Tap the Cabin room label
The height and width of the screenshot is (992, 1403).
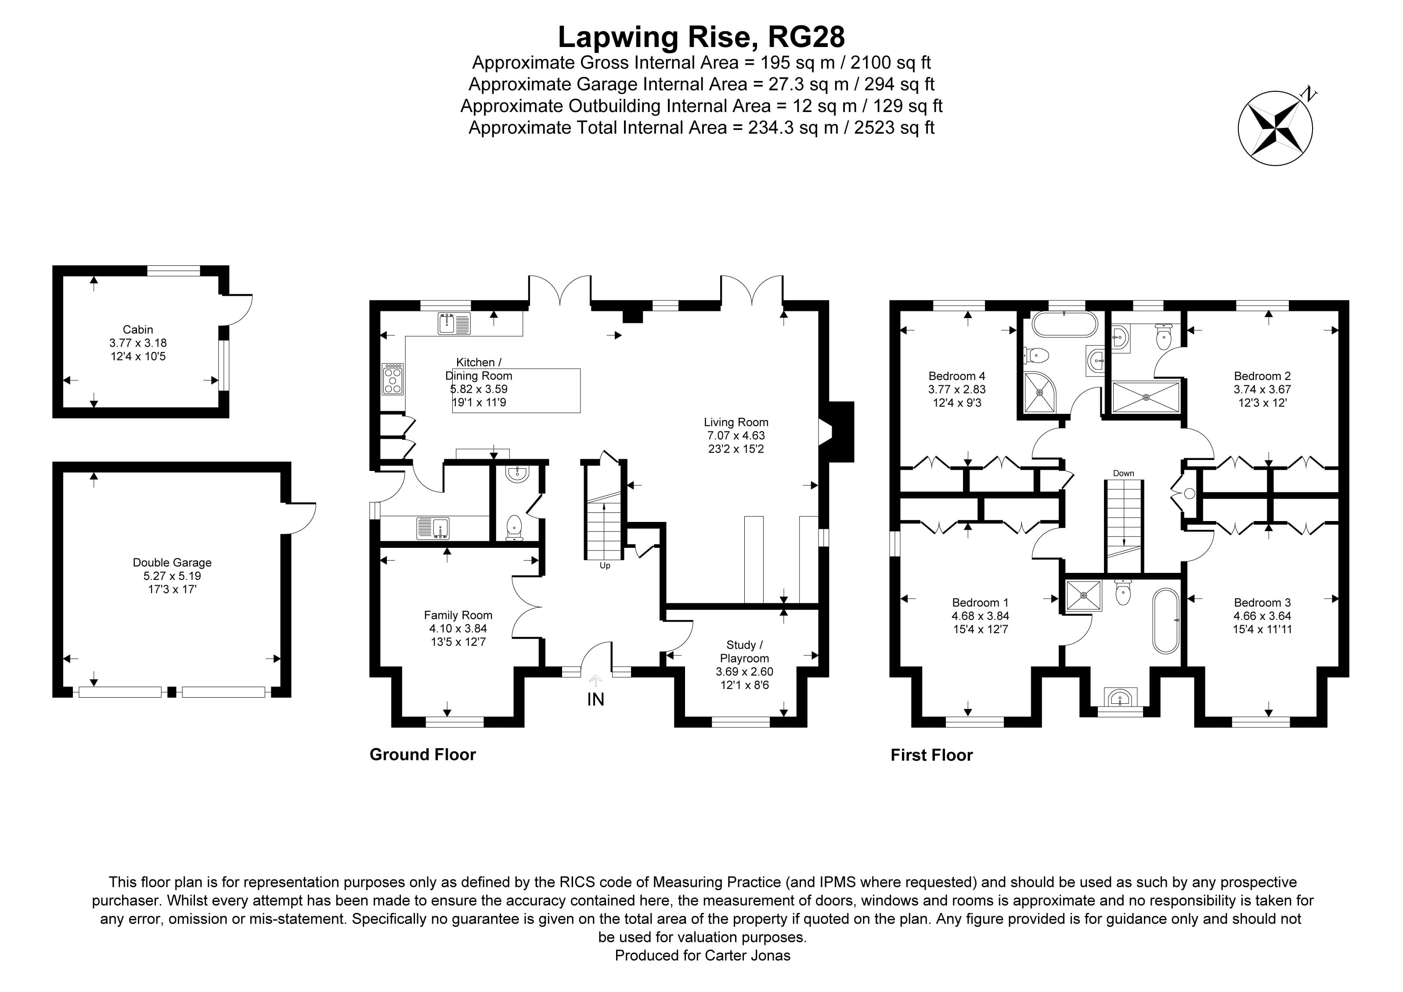(137, 329)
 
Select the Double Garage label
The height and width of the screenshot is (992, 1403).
(172, 562)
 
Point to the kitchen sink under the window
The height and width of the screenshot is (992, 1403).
(454, 323)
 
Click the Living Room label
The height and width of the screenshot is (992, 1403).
(736, 422)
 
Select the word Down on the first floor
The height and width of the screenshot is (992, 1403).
(1123, 473)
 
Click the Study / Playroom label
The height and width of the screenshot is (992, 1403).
(744, 652)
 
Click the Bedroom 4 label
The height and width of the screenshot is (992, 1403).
(956, 376)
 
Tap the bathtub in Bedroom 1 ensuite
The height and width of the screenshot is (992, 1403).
(1166, 621)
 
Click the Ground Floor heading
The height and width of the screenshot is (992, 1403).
(422, 755)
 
